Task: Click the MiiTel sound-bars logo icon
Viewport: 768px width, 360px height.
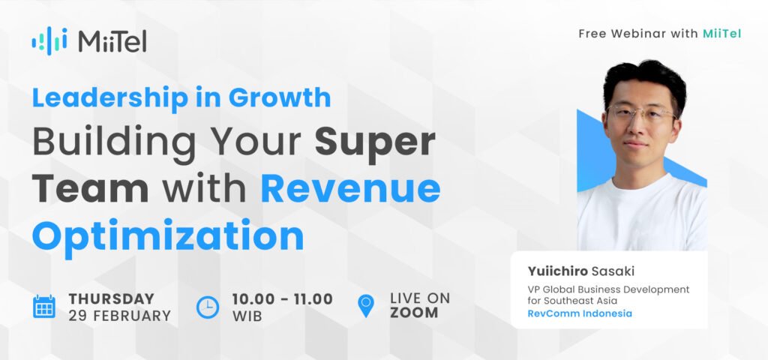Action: [49, 41]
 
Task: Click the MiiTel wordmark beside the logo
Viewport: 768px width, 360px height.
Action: [112, 42]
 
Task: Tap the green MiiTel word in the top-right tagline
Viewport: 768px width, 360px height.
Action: [722, 34]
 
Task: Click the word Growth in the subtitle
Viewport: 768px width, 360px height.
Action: [280, 97]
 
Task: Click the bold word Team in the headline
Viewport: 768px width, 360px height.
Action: [91, 189]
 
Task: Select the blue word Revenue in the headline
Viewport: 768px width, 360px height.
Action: [350, 190]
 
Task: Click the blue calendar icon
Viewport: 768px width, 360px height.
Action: [44, 307]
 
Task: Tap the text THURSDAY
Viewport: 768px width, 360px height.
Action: [111, 298]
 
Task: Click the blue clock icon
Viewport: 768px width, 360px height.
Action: [208, 307]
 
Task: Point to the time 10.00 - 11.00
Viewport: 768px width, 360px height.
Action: [283, 298]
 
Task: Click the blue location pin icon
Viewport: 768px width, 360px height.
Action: [366, 306]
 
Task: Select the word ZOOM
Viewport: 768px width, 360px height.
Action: [414, 313]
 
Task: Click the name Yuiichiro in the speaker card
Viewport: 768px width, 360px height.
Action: [557, 271]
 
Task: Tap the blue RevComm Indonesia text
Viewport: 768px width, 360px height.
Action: [580, 313]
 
